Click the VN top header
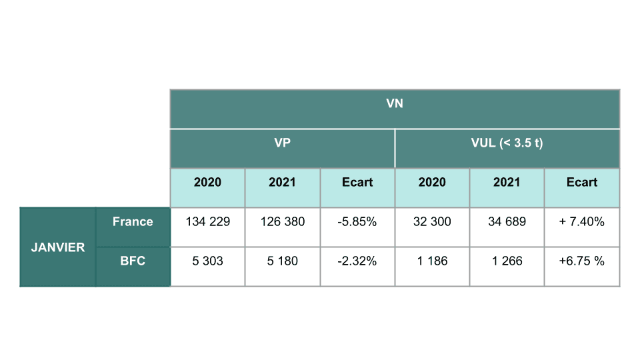395,104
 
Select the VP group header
282,143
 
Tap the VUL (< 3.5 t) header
507,143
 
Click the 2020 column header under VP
207,183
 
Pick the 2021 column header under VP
282,183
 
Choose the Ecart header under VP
357,183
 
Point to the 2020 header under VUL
432,183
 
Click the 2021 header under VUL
507,183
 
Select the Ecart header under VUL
582,183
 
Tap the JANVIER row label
58,247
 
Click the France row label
133,222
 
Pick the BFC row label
133,261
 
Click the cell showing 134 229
207,222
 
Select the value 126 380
282,222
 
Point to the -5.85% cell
357,222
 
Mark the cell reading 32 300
432,222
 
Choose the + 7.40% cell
582,222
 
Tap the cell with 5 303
207,261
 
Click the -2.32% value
357,261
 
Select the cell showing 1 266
507,261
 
